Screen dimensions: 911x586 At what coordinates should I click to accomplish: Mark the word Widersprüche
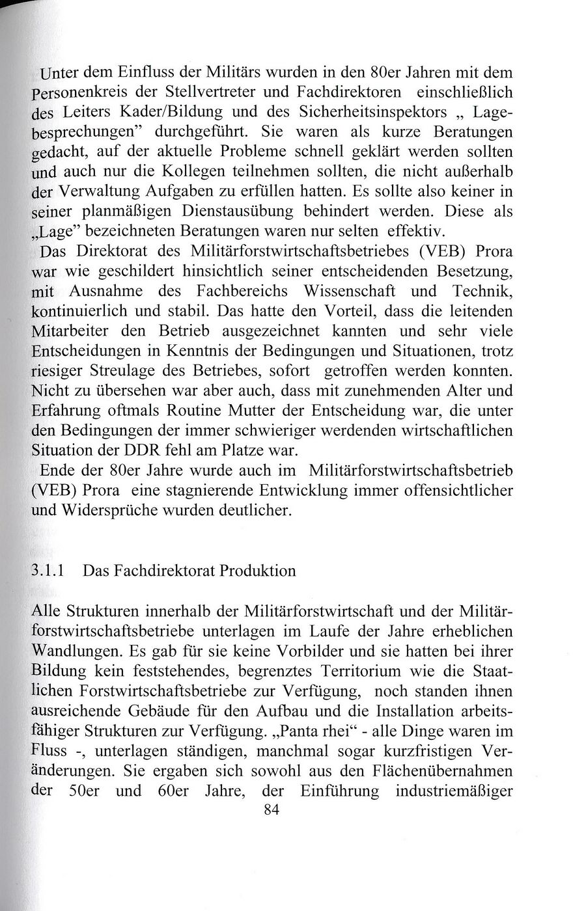[x=113, y=510]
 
